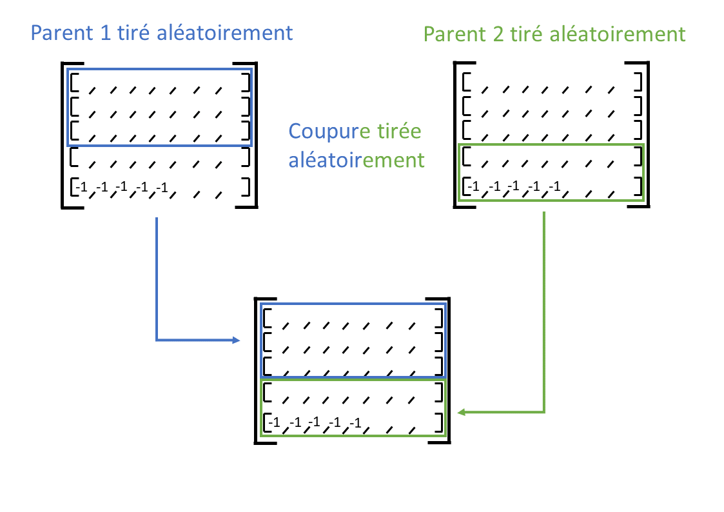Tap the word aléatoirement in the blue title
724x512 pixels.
226,32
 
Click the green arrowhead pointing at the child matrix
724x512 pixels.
460,411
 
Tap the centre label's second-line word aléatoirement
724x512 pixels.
357,159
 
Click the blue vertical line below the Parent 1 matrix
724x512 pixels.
157,277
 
